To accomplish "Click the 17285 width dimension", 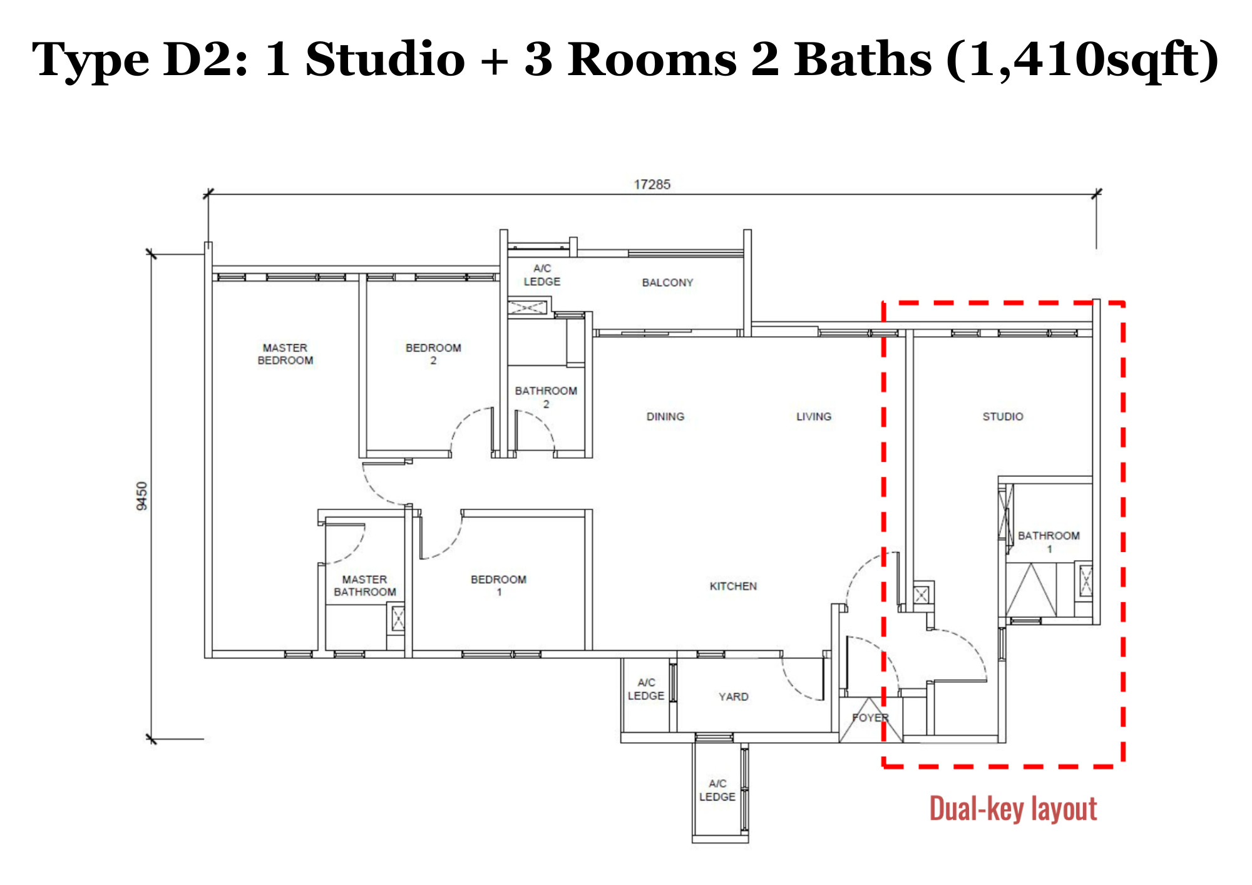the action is pos(652,185).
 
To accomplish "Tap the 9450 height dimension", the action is pos(142,496).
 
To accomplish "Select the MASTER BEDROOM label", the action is pos(285,354).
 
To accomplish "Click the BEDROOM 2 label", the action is pos(433,354).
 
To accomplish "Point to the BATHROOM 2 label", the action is pos(546,397).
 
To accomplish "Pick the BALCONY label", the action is pos(668,283).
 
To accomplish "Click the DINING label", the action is pos(665,417).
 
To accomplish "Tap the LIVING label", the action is pos(814,417).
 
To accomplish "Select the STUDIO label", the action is pos(1003,417).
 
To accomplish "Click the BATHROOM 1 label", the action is pos(1049,542).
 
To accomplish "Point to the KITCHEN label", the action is pos(733,586).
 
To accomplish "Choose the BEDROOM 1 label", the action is pos(499,586).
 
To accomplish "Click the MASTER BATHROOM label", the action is pos(365,586).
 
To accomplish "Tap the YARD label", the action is pos(734,697).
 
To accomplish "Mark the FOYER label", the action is pos(870,718).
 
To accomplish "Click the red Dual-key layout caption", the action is pos(1013,809).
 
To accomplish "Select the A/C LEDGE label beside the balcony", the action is pos(542,275).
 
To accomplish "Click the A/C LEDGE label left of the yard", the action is pos(646,689).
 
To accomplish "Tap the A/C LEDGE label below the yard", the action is pos(717,790).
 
